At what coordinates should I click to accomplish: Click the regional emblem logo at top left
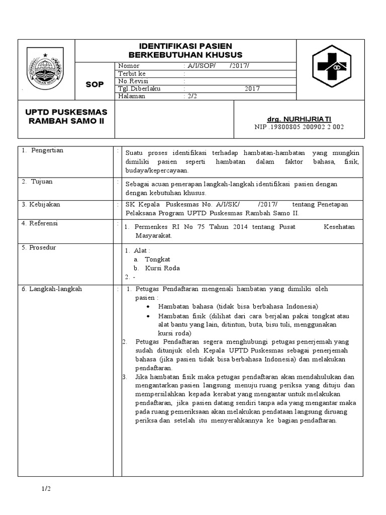click(46, 70)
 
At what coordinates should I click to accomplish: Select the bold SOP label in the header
click(94, 84)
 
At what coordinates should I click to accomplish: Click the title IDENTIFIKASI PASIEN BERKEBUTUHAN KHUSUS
click(185, 50)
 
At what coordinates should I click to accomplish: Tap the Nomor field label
click(129, 66)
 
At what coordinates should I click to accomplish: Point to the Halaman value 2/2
click(191, 96)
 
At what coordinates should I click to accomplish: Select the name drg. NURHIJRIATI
click(299, 119)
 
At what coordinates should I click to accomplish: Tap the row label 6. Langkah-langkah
click(52, 289)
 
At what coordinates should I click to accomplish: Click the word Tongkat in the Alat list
click(158, 260)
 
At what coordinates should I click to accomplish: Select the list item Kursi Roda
click(162, 268)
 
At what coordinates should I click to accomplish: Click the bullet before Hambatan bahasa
click(148, 306)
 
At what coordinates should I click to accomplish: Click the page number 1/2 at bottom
click(46, 489)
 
